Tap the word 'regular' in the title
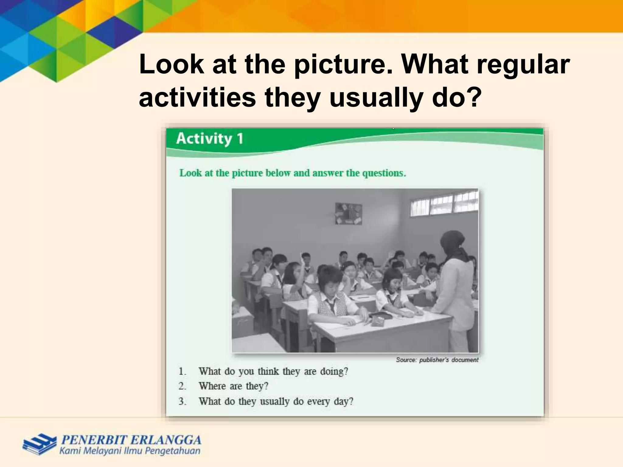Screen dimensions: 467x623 click(523, 65)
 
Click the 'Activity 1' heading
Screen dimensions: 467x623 click(210, 139)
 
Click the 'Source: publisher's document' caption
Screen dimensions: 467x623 click(437, 360)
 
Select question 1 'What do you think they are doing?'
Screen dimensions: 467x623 click(273, 372)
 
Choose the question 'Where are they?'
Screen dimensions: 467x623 click(233, 386)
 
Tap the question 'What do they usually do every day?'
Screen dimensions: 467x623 click(276, 401)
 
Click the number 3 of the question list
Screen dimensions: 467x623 click(182, 401)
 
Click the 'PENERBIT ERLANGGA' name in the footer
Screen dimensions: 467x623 click(131, 440)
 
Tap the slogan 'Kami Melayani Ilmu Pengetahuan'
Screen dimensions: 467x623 click(130, 451)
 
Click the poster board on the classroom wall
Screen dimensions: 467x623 click(349, 213)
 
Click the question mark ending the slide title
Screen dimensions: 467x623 click(474, 98)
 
